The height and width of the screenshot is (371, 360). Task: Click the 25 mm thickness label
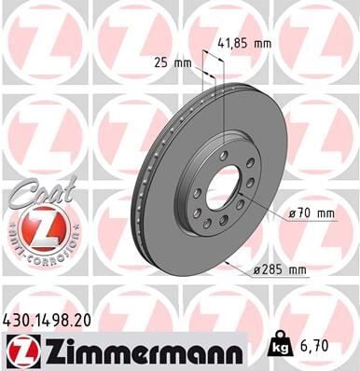pyautogui.click(x=171, y=63)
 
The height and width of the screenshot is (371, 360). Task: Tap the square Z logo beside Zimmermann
pyautogui.click(x=20, y=350)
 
